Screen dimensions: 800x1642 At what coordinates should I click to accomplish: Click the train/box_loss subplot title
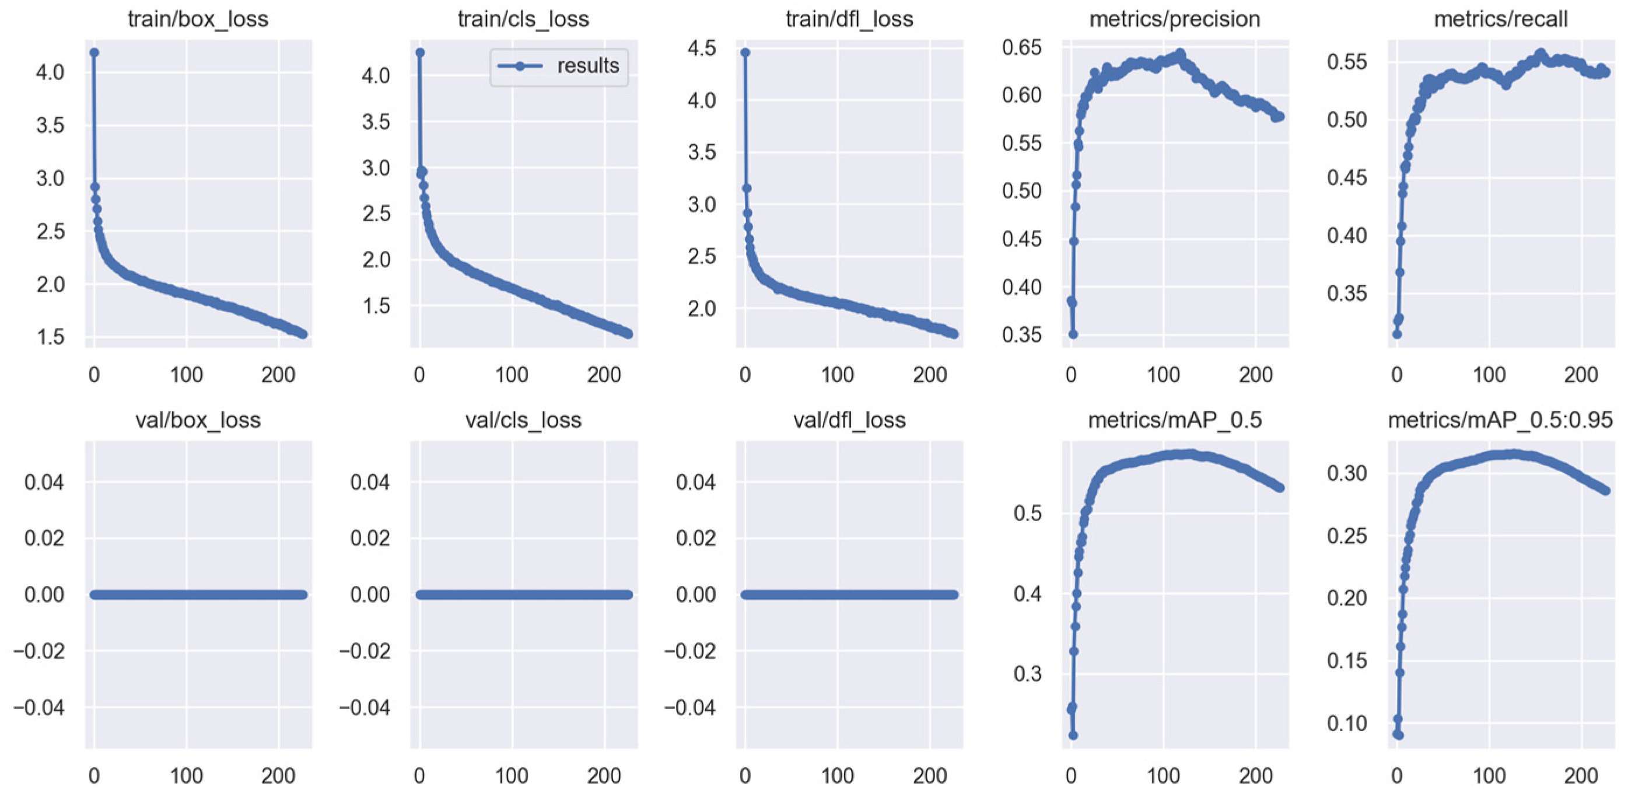198,19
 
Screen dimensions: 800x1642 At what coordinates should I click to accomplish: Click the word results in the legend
588,66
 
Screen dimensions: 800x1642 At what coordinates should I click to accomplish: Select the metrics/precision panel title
1174,19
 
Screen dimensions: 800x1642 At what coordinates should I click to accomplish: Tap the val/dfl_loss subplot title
849,420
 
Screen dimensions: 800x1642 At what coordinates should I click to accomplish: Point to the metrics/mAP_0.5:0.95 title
1500,420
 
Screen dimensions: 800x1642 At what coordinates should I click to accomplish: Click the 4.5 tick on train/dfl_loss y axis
701,48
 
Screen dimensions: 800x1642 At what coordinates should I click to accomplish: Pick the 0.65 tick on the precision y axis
1021,47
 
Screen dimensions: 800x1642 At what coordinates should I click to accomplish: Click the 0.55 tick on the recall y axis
1347,62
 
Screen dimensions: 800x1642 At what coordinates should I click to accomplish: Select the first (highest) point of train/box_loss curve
94,53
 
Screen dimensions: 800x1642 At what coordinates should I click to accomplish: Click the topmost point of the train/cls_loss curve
420,53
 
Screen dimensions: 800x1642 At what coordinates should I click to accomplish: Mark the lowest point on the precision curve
1073,334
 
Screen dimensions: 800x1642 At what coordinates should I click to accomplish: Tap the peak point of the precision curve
1181,54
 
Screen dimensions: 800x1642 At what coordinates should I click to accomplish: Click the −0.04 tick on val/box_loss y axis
39,707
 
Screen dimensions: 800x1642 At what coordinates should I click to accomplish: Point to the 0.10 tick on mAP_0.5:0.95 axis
1347,724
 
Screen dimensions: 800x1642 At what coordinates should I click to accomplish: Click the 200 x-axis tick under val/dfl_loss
929,775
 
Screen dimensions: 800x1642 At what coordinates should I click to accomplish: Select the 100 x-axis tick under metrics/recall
1489,375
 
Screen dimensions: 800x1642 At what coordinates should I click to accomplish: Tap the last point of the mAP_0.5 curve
1280,488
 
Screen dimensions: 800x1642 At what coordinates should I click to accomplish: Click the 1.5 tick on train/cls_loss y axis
376,306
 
